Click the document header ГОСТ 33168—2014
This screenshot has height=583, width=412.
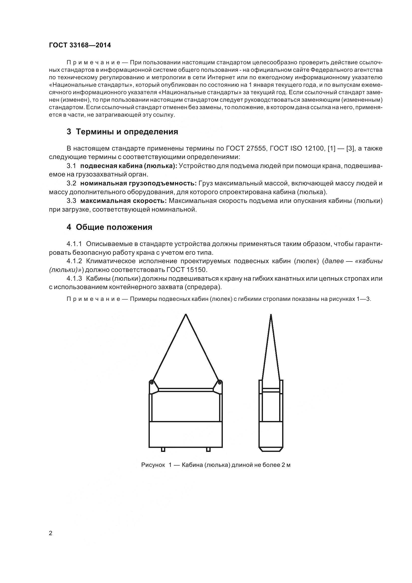(80, 45)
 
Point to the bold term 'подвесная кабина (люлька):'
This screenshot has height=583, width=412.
(129, 166)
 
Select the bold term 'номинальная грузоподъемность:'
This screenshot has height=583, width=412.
(138, 183)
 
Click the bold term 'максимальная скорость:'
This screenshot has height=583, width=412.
(123, 201)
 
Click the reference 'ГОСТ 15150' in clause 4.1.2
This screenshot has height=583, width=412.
(187, 270)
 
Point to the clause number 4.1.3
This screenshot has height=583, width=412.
(74, 279)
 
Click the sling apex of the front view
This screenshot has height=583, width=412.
(186, 315)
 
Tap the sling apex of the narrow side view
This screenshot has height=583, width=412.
(271, 315)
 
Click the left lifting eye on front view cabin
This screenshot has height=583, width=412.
(152, 382)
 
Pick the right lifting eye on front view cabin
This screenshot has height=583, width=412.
(220, 382)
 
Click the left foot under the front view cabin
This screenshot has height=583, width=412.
(163, 450)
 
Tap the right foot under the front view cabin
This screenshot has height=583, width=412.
(208, 450)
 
